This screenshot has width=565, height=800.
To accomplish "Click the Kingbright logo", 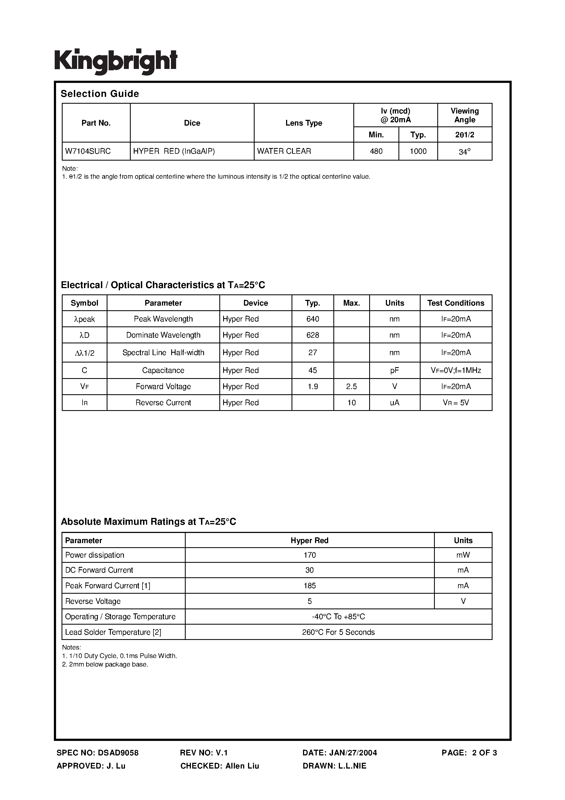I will tap(116, 61).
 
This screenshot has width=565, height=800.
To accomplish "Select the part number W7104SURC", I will tap(88, 151).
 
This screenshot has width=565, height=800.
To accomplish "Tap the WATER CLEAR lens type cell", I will tap(284, 151).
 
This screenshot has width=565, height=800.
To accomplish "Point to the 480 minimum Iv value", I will tap(376, 151).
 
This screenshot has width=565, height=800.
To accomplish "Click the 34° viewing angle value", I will tap(465, 152).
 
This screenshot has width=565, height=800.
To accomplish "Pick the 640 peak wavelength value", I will tap(313, 319).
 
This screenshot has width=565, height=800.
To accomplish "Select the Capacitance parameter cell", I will tap(163, 370).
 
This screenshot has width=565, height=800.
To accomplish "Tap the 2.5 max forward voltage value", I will tap(351, 386).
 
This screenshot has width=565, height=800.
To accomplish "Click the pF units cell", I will tap(394, 370).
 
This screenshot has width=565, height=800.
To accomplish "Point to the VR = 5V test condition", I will tap(456, 402).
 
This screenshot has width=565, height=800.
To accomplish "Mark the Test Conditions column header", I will tap(456, 303).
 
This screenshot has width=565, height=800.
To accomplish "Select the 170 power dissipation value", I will tap(309, 555).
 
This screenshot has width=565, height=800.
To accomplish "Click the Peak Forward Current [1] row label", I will tap(108, 586).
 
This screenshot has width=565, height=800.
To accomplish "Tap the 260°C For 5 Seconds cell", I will tap(338, 632).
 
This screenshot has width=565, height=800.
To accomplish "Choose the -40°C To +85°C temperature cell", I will tap(338, 616).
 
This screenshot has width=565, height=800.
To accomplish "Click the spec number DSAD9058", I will tap(118, 753).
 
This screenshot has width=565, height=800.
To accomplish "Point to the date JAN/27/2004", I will tap(352, 753).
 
